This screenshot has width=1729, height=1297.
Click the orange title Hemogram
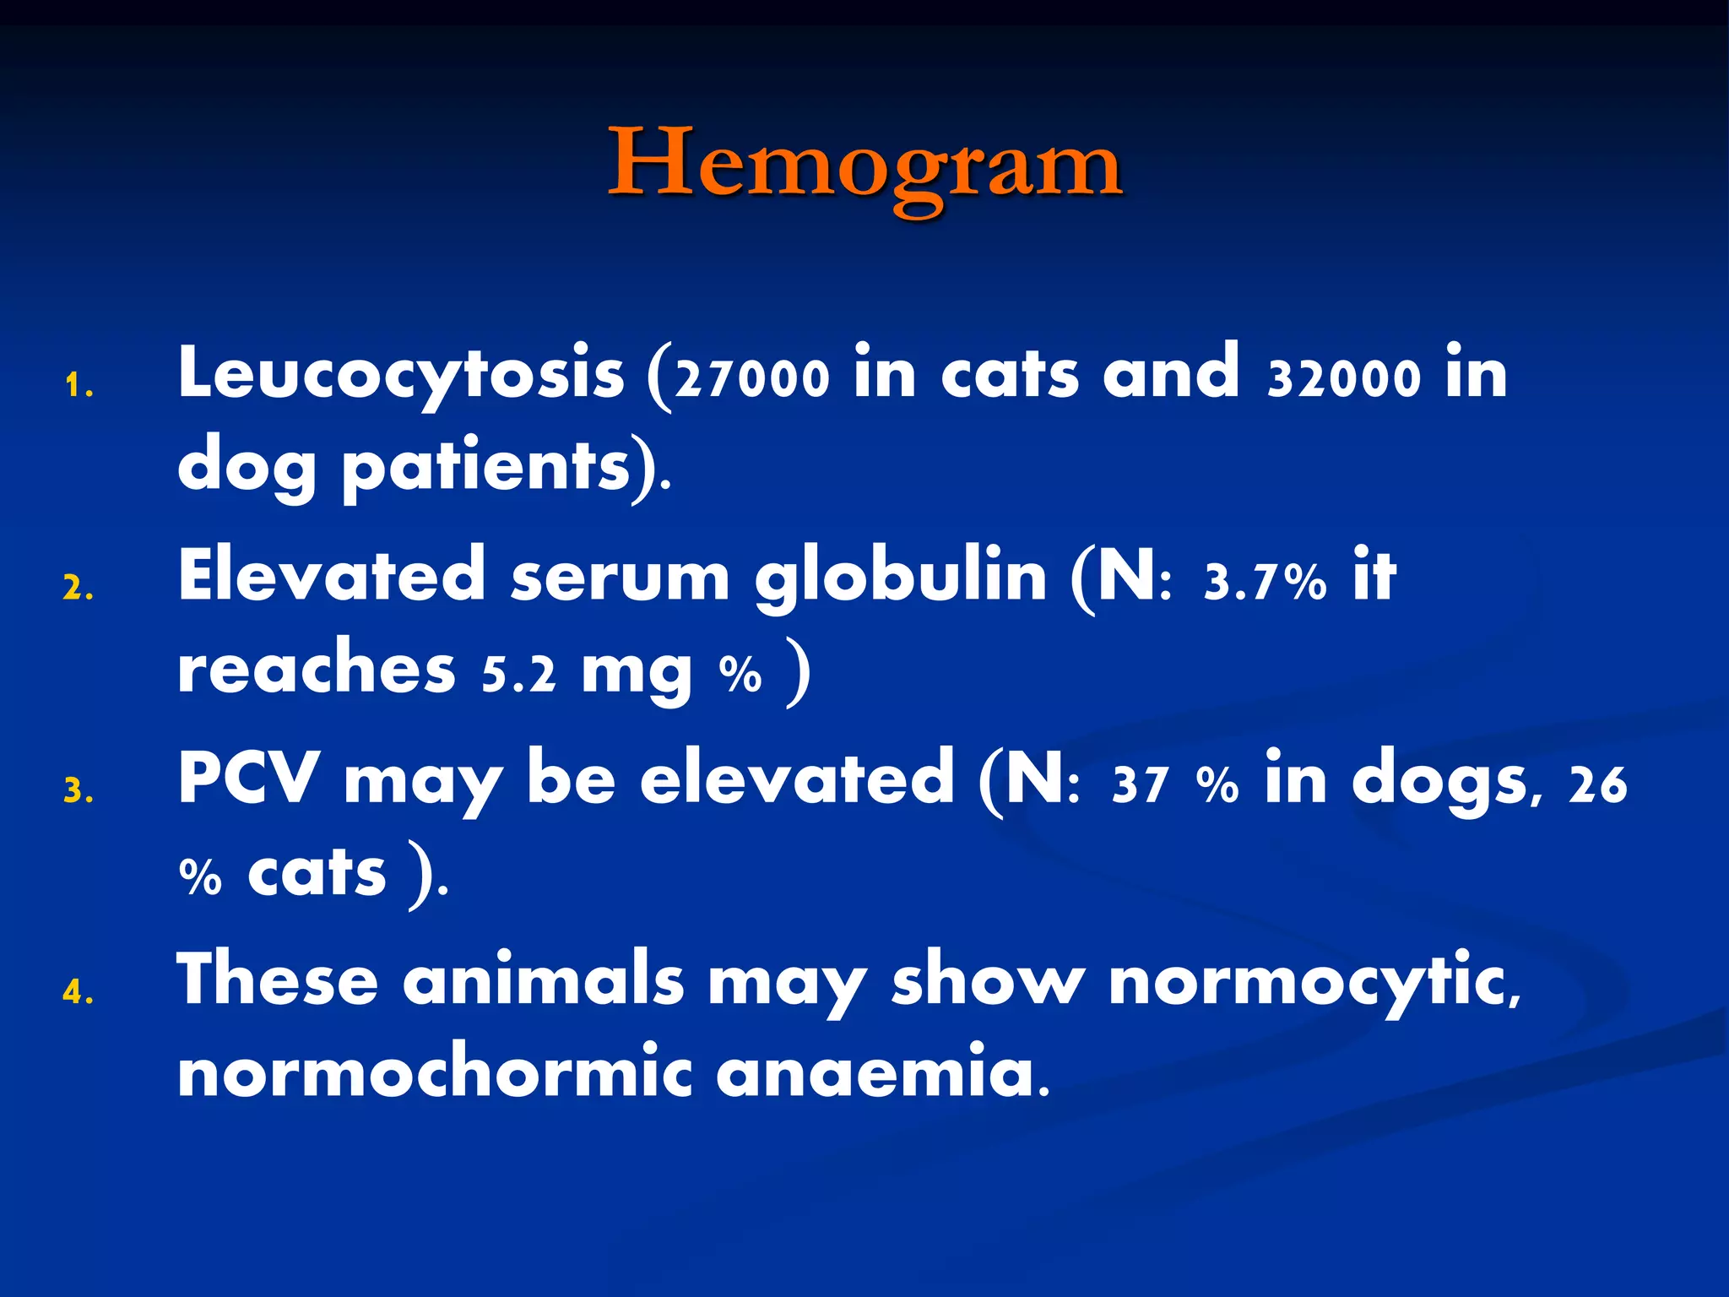coord(864,165)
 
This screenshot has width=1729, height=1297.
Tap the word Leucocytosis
coord(401,374)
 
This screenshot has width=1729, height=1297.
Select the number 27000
coord(753,379)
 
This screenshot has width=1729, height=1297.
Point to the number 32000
coord(1345,379)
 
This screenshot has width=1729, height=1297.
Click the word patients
coord(486,467)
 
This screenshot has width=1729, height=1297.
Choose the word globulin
coord(901,578)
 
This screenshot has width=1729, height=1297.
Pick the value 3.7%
coord(1265,583)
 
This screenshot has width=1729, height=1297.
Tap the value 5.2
coord(519,675)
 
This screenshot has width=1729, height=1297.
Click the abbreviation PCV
coord(249,779)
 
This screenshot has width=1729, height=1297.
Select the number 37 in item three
coord(1141,784)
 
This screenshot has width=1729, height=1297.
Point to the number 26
coord(1597,784)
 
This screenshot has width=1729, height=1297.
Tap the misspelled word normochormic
coord(434,1072)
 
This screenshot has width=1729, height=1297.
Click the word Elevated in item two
coord(332,576)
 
